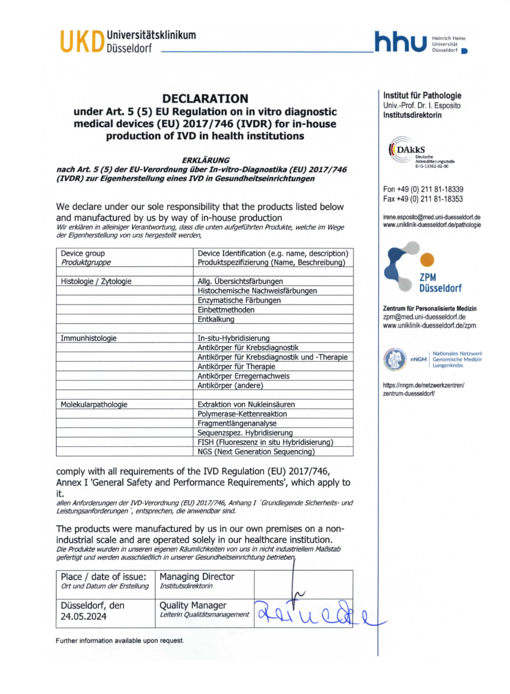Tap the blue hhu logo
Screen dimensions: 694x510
[399, 43]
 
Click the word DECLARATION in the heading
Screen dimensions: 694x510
[205, 99]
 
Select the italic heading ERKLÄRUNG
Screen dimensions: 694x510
[205, 160]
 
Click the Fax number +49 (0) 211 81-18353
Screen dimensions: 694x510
[423, 199]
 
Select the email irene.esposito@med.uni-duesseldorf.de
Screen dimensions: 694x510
[432, 217]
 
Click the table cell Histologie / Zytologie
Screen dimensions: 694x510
[96, 281]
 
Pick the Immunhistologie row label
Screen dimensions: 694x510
[88, 338]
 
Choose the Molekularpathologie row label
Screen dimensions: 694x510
[94, 405]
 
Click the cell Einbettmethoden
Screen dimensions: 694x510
[226, 310]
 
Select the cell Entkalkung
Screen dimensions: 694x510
[216, 319]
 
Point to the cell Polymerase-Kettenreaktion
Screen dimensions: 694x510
[242, 414]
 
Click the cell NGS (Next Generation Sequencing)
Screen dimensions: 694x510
[256, 452]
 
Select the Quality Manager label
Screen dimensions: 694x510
[193, 606]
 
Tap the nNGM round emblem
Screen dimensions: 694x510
[395, 359]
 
